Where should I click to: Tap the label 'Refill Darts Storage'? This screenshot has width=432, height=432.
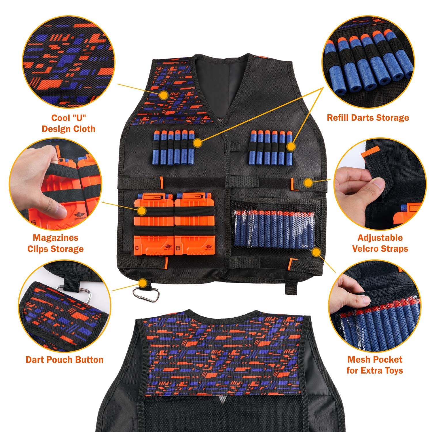[x=368, y=118]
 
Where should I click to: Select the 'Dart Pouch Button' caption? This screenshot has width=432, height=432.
[x=65, y=360]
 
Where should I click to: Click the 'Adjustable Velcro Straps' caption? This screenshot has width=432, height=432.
[x=380, y=243]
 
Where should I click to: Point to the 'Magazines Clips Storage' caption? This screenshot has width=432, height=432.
[x=55, y=243]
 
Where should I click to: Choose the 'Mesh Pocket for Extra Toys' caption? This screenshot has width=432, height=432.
[x=374, y=365]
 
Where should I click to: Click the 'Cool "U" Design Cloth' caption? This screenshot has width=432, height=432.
[x=69, y=123]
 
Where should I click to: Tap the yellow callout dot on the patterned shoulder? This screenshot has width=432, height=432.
[x=164, y=95]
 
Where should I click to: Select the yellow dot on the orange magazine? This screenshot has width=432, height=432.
[x=142, y=211]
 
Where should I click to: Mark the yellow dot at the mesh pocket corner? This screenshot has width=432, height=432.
[x=317, y=252]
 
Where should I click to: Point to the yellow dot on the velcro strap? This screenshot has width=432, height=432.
[x=308, y=182]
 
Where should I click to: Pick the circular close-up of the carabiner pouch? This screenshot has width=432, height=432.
[x=65, y=305]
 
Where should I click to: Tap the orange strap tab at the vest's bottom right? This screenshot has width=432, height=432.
[x=292, y=263]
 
